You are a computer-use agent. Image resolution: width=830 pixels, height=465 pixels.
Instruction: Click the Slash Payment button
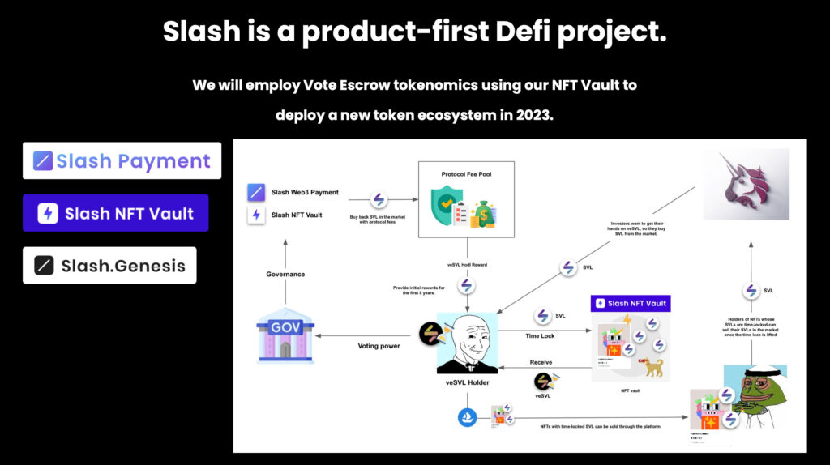pos(122,160)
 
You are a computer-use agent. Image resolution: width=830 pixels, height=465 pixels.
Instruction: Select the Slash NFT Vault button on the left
pos(115,213)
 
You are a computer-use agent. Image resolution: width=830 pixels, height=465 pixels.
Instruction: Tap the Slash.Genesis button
pos(109,265)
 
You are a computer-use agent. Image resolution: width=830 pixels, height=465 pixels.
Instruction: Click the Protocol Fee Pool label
pos(466,174)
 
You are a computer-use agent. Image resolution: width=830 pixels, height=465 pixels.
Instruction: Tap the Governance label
pos(285,274)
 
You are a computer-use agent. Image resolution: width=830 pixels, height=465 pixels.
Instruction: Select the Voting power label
pos(379,346)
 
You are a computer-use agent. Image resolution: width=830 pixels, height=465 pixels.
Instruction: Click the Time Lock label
pos(540,335)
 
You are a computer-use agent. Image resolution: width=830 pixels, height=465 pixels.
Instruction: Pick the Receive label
pos(541,361)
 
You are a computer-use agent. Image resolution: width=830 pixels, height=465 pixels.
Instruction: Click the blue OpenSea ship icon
pos(468,418)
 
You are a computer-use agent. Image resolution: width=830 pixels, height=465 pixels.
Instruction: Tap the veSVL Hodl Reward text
pos(466,264)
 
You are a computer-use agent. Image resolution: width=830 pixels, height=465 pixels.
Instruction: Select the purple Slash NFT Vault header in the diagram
pos(631,303)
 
